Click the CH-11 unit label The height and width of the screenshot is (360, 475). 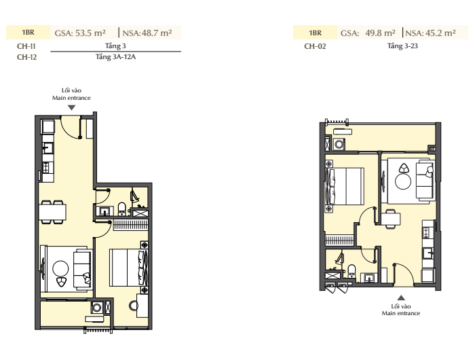pos(26,46)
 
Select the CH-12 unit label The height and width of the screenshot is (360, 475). pos(26,57)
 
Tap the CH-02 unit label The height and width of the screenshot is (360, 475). pos(315,46)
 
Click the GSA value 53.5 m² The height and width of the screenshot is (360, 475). pos(80,33)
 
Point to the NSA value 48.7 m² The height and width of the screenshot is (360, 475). pos(147,33)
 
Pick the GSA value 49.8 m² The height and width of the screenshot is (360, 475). pos(368,33)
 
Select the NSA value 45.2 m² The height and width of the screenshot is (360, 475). pos(430,33)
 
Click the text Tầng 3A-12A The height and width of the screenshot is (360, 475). pos(115,56)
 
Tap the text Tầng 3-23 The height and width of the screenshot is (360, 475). pos(402,46)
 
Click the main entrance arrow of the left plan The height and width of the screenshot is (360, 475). pos(71,108)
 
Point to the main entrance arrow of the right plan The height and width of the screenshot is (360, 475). pos(401,298)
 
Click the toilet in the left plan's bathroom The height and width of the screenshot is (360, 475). pos(121,209)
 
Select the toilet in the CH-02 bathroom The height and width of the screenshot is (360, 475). pos(351,270)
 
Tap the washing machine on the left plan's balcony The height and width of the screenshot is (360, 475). pos(97,308)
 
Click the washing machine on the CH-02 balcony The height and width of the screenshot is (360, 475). pos(339,144)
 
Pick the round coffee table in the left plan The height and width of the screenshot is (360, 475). pos(60,269)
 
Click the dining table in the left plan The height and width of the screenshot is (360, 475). pos(52,212)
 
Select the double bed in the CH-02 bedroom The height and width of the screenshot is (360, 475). pos(345,186)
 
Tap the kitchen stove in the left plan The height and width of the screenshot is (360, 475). pos(46,168)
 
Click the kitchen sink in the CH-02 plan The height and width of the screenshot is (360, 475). pos(429,252)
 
